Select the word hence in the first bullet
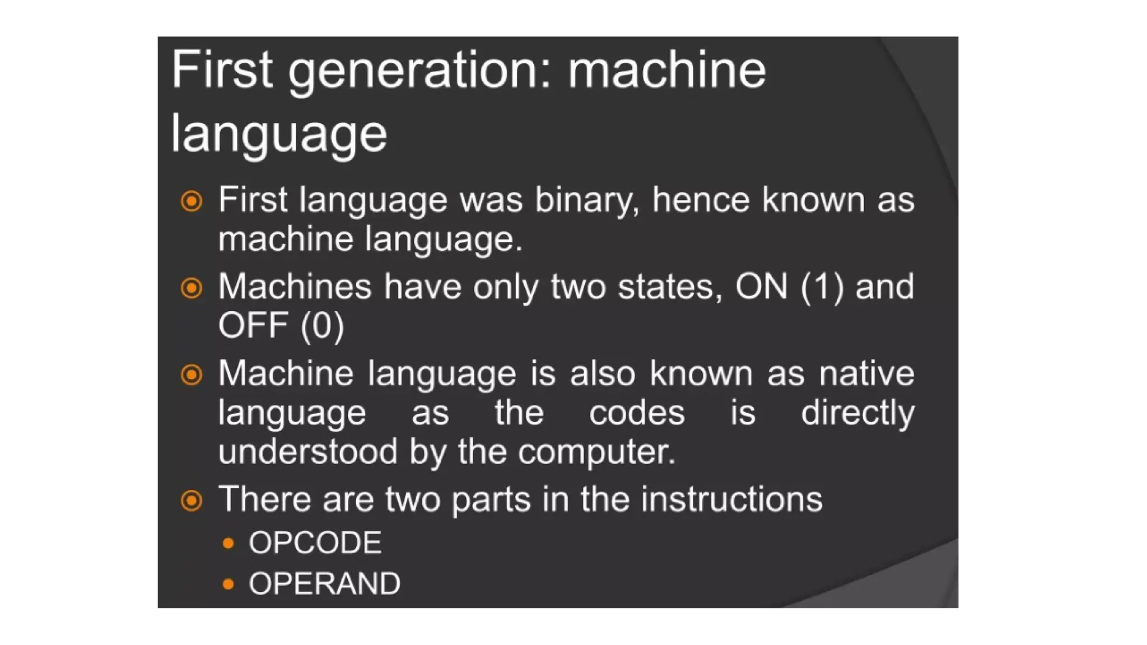click(701, 200)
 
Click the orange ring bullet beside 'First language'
click(192, 200)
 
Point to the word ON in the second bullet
click(761, 287)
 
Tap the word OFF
click(253, 325)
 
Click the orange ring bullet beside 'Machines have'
click(192, 288)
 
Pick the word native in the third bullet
click(866, 373)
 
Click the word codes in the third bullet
click(637, 413)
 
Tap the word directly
click(857, 413)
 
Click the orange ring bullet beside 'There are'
click(192, 500)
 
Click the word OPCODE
click(315, 543)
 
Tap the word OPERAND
click(325, 583)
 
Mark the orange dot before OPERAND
click(228, 584)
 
